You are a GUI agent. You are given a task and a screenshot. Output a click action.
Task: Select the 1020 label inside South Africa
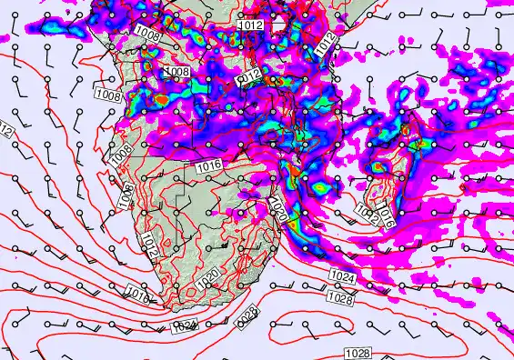207,275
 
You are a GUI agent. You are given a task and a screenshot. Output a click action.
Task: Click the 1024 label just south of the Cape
185,325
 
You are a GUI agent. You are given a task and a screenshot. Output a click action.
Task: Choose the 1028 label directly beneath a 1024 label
339,297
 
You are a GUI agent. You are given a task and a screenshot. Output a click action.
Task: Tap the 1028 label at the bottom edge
358,352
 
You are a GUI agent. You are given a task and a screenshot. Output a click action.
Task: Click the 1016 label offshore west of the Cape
137,295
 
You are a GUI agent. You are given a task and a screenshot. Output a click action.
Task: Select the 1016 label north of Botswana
207,165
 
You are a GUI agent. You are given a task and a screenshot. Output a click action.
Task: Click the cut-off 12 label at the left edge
5,133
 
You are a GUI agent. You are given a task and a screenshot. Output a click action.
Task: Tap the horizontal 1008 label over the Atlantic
108,95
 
